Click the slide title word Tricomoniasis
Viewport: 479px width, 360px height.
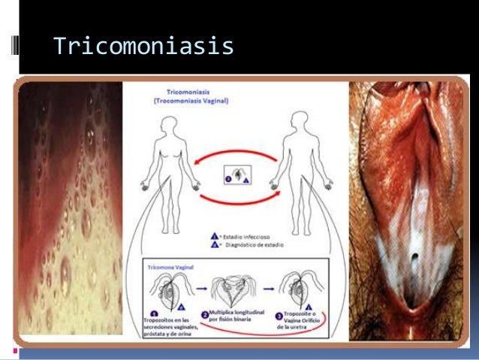(x=143, y=47)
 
